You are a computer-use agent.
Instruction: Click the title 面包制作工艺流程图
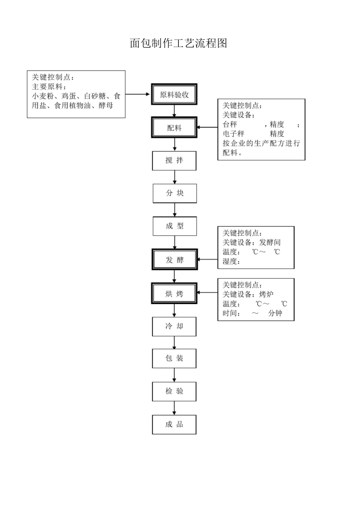click(178, 43)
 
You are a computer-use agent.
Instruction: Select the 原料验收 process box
click(174, 95)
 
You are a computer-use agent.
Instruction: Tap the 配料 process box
click(174, 128)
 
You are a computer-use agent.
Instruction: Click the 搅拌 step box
click(174, 161)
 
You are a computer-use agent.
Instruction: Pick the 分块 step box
click(175, 193)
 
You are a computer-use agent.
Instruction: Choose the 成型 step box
click(175, 226)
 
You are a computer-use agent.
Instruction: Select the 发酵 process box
click(175, 260)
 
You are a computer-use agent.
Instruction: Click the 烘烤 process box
click(174, 294)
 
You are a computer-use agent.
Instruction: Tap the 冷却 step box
click(174, 326)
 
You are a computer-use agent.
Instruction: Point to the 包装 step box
click(174, 358)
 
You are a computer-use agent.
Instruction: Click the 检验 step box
click(174, 391)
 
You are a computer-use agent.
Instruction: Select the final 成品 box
click(174, 424)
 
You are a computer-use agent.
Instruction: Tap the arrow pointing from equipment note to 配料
click(207, 127)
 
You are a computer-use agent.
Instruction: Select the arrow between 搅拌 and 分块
click(175, 177)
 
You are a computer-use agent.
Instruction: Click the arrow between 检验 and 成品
click(174, 408)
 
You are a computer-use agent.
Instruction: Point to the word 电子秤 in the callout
click(233, 134)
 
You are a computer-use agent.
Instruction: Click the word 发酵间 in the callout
click(270, 242)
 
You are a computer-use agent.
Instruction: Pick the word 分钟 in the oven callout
click(275, 313)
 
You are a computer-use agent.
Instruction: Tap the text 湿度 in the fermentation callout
click(230, 261)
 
